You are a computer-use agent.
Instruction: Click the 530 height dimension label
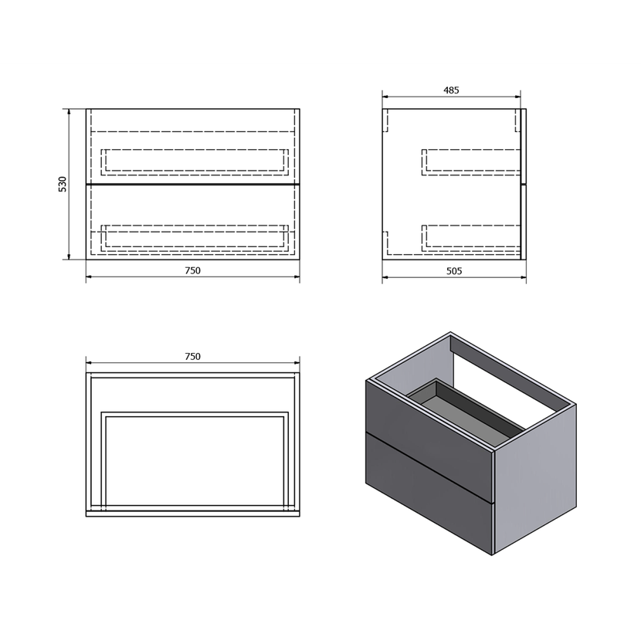62,185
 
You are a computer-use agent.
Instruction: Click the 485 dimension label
451,90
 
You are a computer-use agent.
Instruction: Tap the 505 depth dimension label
454,270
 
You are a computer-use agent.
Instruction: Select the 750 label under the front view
192,270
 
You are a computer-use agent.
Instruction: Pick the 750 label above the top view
192,357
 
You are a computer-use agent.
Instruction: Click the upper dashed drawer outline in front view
195,150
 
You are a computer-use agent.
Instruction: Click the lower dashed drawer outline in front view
195,226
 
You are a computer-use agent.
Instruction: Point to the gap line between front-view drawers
192,185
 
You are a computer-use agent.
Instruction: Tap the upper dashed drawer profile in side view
471,150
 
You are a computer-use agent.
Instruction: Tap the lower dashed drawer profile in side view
471,226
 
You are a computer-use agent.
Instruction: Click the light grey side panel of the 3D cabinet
535,478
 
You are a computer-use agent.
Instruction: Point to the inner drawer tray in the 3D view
466,413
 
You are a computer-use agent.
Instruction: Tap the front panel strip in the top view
192,514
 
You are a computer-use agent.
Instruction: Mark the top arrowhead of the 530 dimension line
69,112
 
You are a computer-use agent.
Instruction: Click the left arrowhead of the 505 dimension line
385,277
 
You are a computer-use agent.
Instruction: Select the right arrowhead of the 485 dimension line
517,97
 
